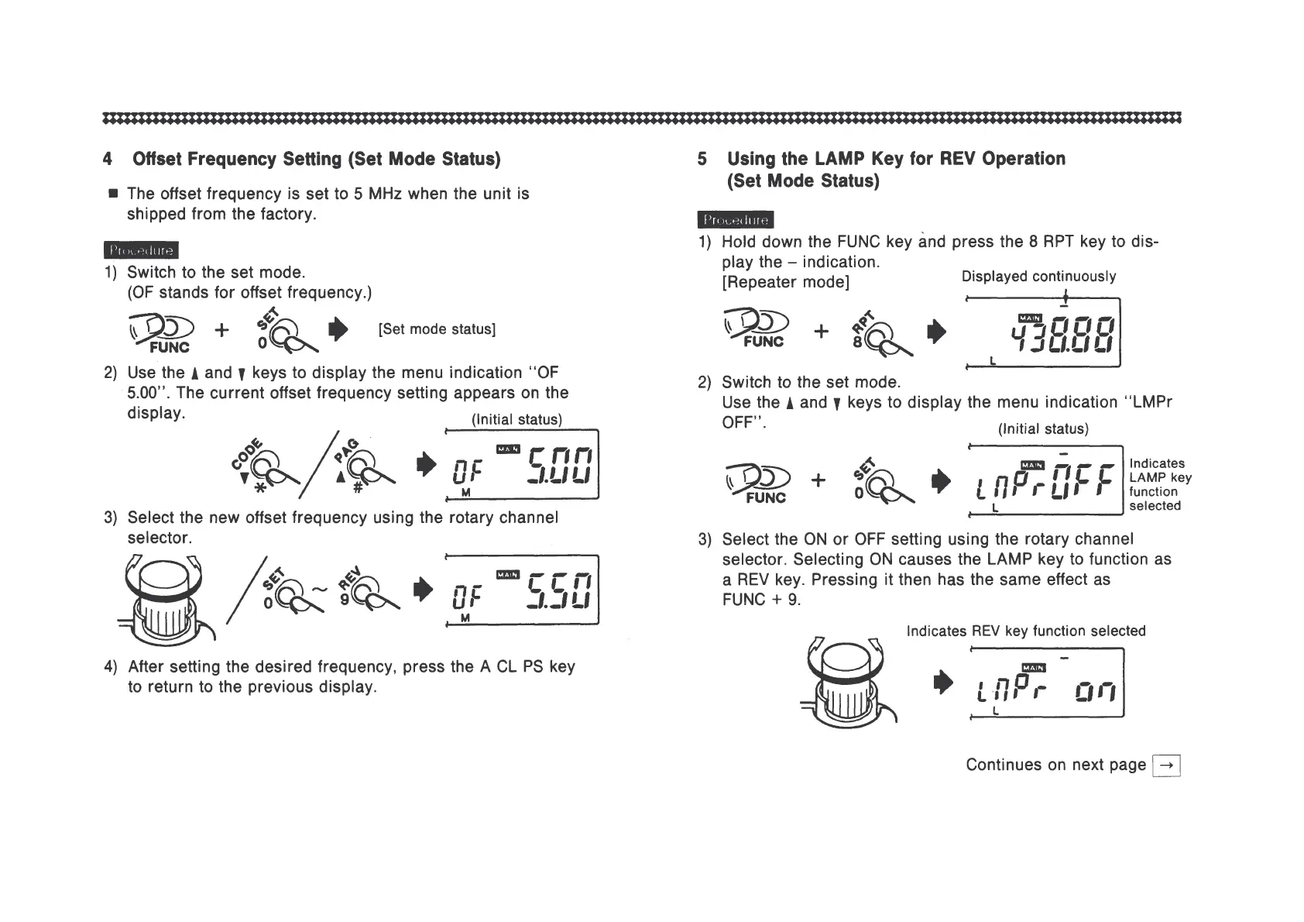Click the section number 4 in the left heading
pyautogui.click(x=107, y=160)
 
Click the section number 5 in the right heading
pyautogui.click(x=702, y=160)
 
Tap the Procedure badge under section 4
pyautogui.click(x=141, y=249)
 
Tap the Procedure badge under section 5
pyautogui.click(x=736, y=220)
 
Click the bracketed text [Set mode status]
pyautogui.click(x=437, y=329)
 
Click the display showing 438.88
pyautogui.click(x=1043, y=333)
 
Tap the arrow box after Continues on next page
pyautogui.click(x=1167, y=765)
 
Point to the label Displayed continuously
pyautogui.click(x=1038, y=277)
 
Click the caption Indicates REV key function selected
pyautogui.click(x=1026, y=631)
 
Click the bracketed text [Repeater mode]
pyautogui.click(x=785, y=282)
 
